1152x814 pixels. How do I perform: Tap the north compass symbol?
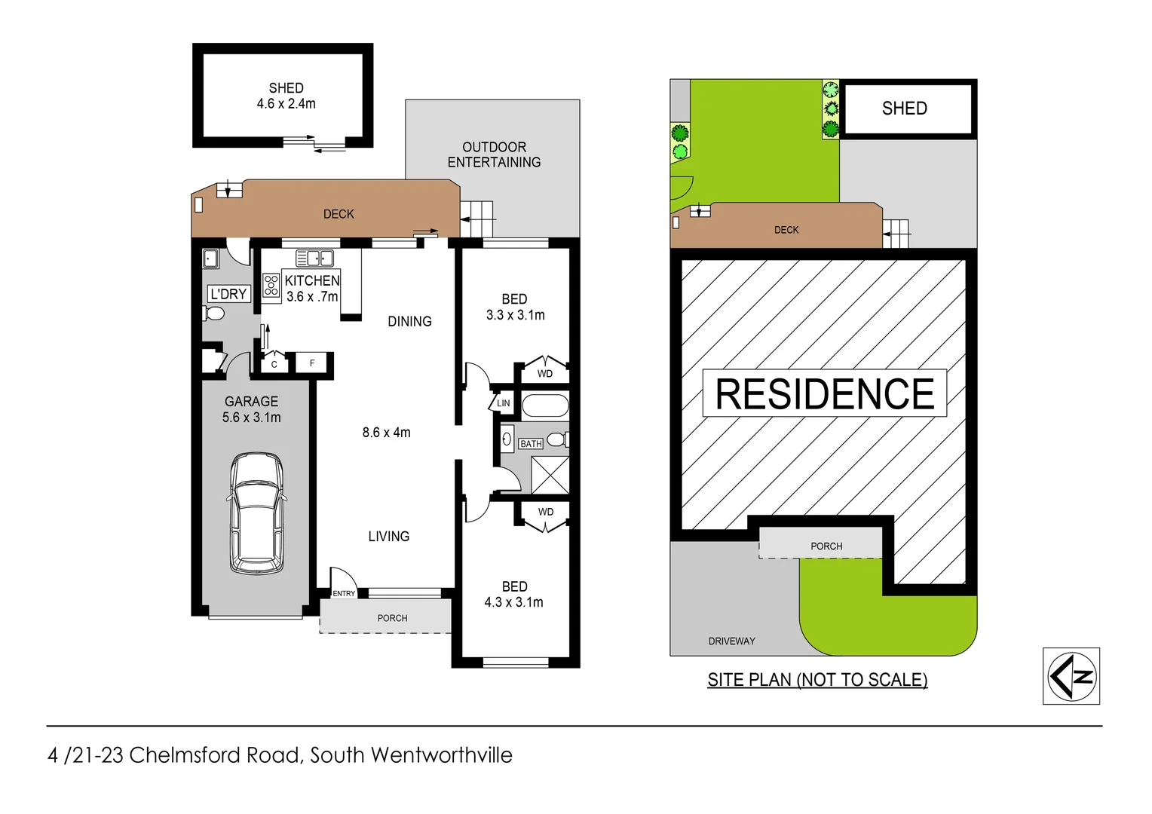coord(1071,676)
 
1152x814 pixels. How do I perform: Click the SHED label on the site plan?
coord(904,109)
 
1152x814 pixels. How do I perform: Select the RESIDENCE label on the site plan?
coord(824,393)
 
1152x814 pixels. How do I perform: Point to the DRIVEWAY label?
coord(731,641)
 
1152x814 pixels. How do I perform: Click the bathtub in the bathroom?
coord(544,405)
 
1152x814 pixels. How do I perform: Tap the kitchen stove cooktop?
coord(271,285)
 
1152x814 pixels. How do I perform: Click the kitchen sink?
coord(315,259)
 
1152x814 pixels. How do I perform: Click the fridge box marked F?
coord(312,363)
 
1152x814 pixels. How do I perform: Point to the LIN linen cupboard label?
coord(503,403)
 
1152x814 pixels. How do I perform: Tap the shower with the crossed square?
coord(550,475)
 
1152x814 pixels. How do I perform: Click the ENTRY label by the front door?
coord(344,594)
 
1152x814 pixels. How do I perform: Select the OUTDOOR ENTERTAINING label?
coord(494,155)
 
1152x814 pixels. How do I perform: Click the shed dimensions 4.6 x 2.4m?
coord(286,104)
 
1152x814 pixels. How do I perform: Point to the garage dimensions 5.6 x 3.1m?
coord(251,418)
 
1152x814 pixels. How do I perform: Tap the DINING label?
coord(409,321)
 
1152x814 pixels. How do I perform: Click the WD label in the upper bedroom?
coord(544,374)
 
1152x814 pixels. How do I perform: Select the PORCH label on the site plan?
coord(826,546)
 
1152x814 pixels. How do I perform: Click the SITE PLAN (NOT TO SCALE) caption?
coord(817,680)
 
